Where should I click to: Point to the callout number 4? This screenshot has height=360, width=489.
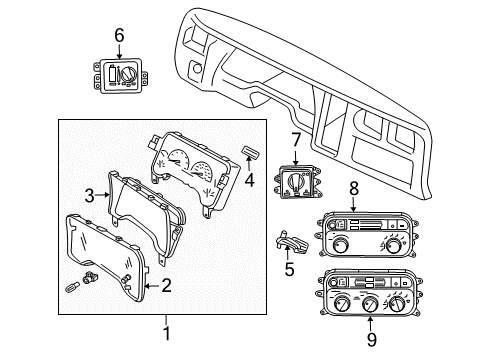250,182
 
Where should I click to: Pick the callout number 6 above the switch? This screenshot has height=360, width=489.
118,35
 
